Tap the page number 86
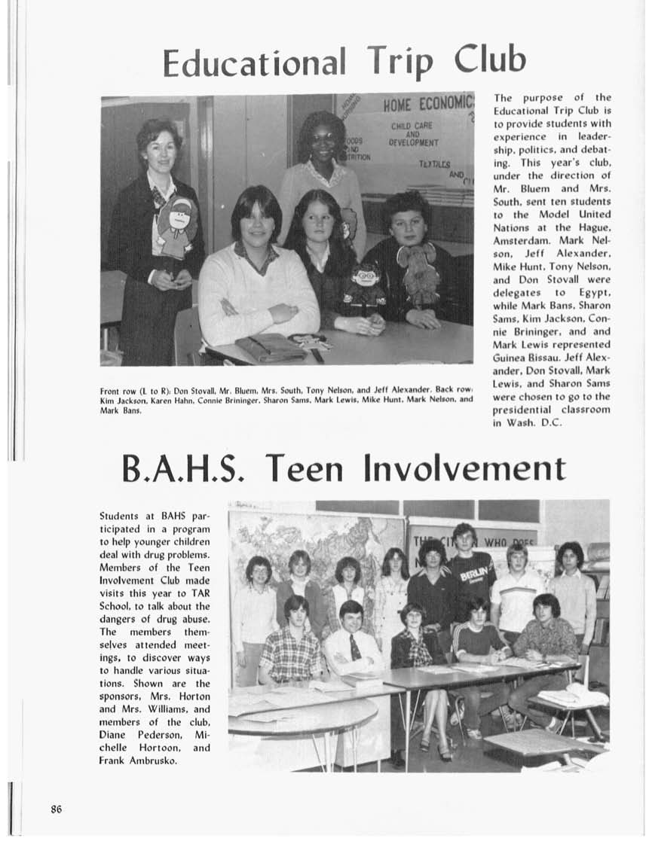click(x=56, y=809)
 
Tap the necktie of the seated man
click(x=354, y=647)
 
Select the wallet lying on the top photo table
click(x=271, y=348)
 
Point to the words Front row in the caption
click(x=117, y=391)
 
